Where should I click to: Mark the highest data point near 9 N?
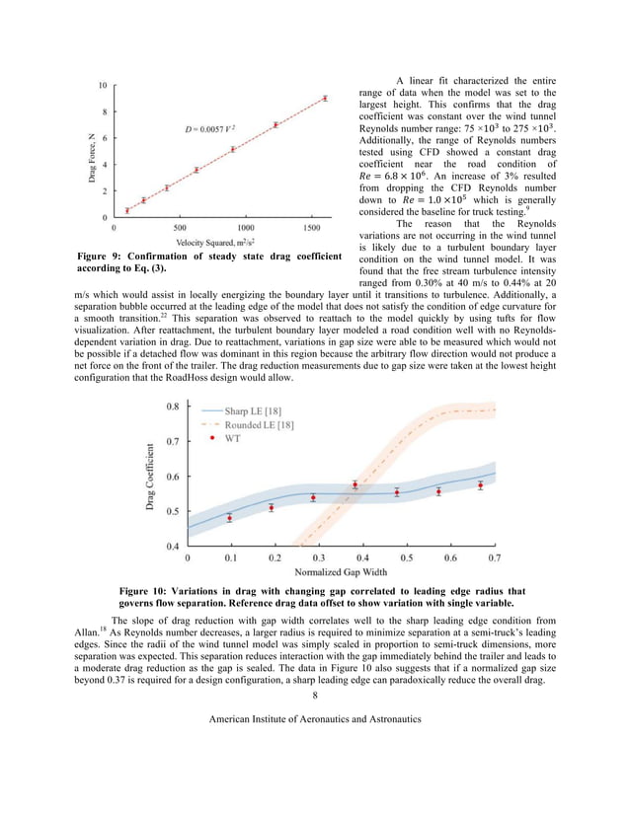325,98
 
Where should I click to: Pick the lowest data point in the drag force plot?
126,210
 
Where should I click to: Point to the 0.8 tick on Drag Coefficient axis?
172,407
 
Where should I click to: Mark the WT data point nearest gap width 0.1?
229,518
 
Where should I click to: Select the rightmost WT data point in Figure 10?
480,485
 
